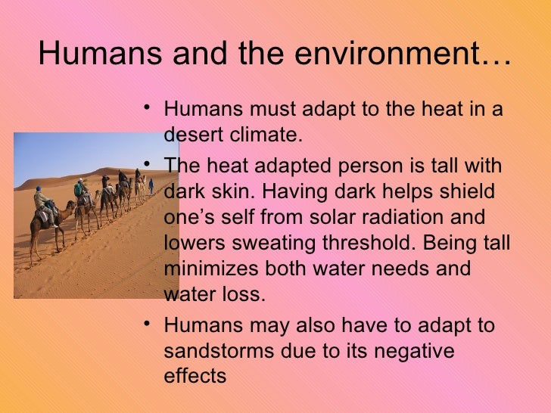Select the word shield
tap(467, 191)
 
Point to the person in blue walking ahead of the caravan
tap(151, 185)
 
